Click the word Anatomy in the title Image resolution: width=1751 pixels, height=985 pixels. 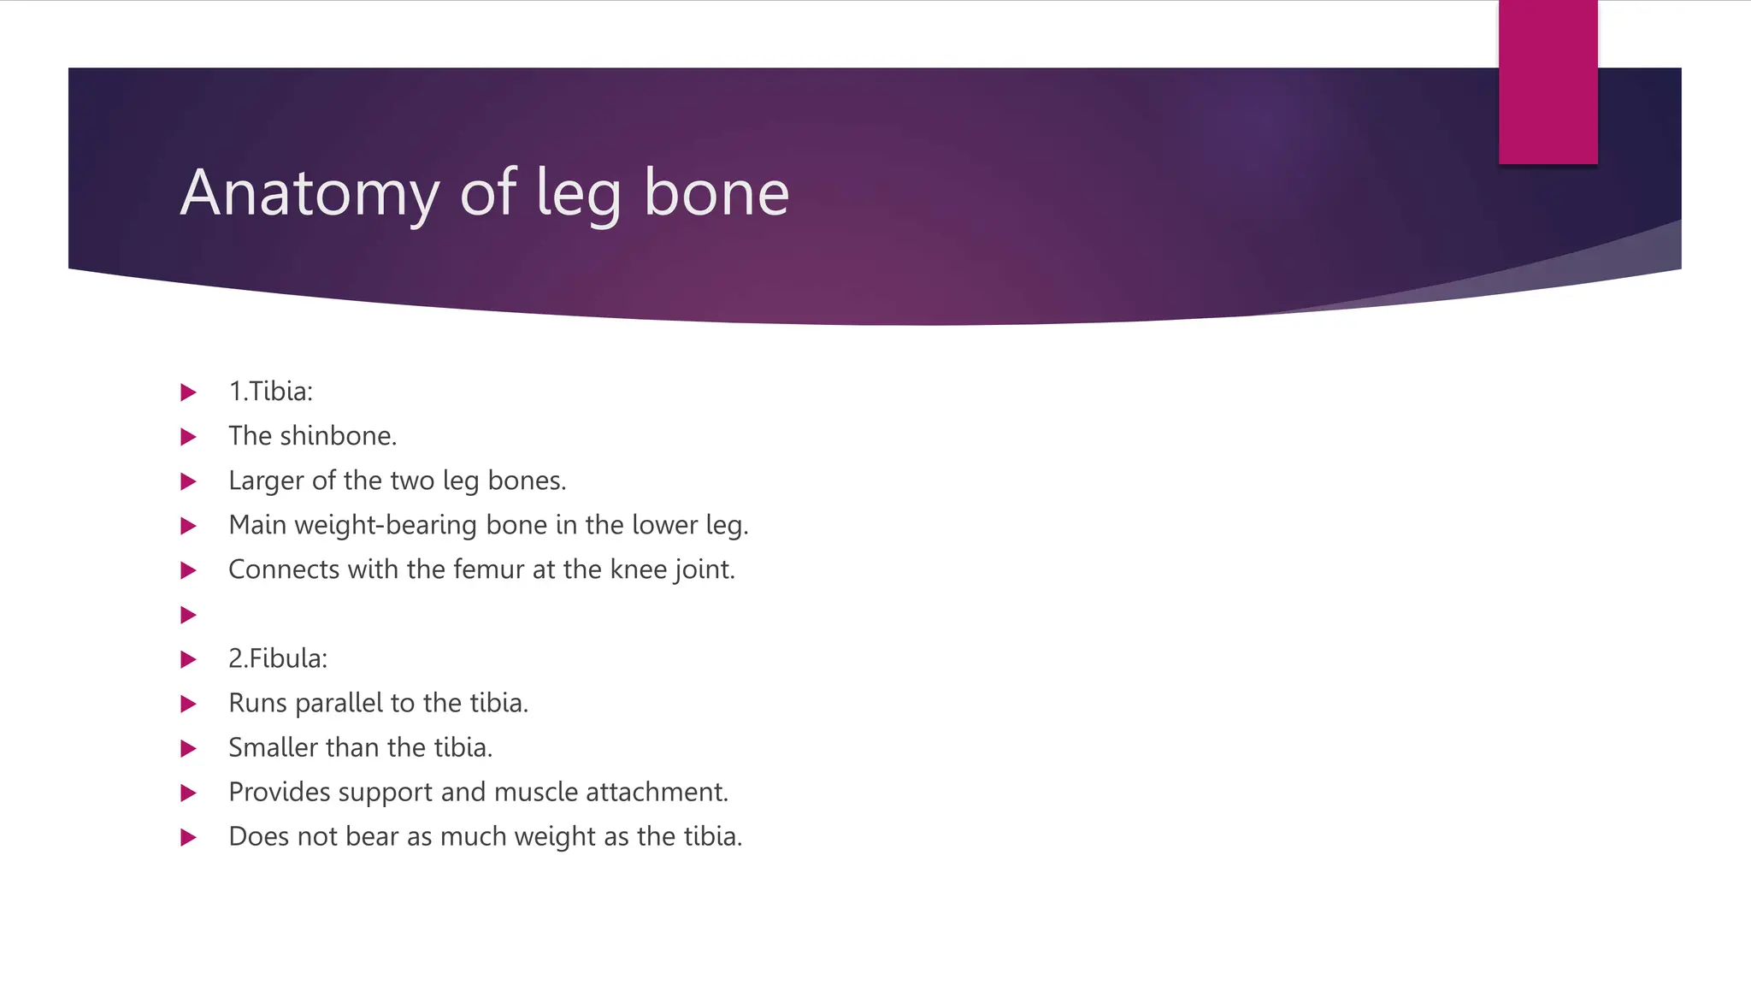(310, 194)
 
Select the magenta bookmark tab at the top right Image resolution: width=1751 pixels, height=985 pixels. (1548, 82)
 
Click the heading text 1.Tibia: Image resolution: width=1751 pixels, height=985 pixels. (270, 392)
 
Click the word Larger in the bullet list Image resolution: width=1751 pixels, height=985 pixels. (266, 481)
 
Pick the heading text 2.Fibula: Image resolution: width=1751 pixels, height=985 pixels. (278, 658)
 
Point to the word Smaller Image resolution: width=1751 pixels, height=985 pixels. (273, 748)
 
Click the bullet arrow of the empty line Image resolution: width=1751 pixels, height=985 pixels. (189, 615)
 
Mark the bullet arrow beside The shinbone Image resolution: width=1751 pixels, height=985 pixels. (189, 437)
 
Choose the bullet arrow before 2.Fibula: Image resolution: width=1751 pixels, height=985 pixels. (189, 659)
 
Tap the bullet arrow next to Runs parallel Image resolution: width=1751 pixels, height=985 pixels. (189, 704)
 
